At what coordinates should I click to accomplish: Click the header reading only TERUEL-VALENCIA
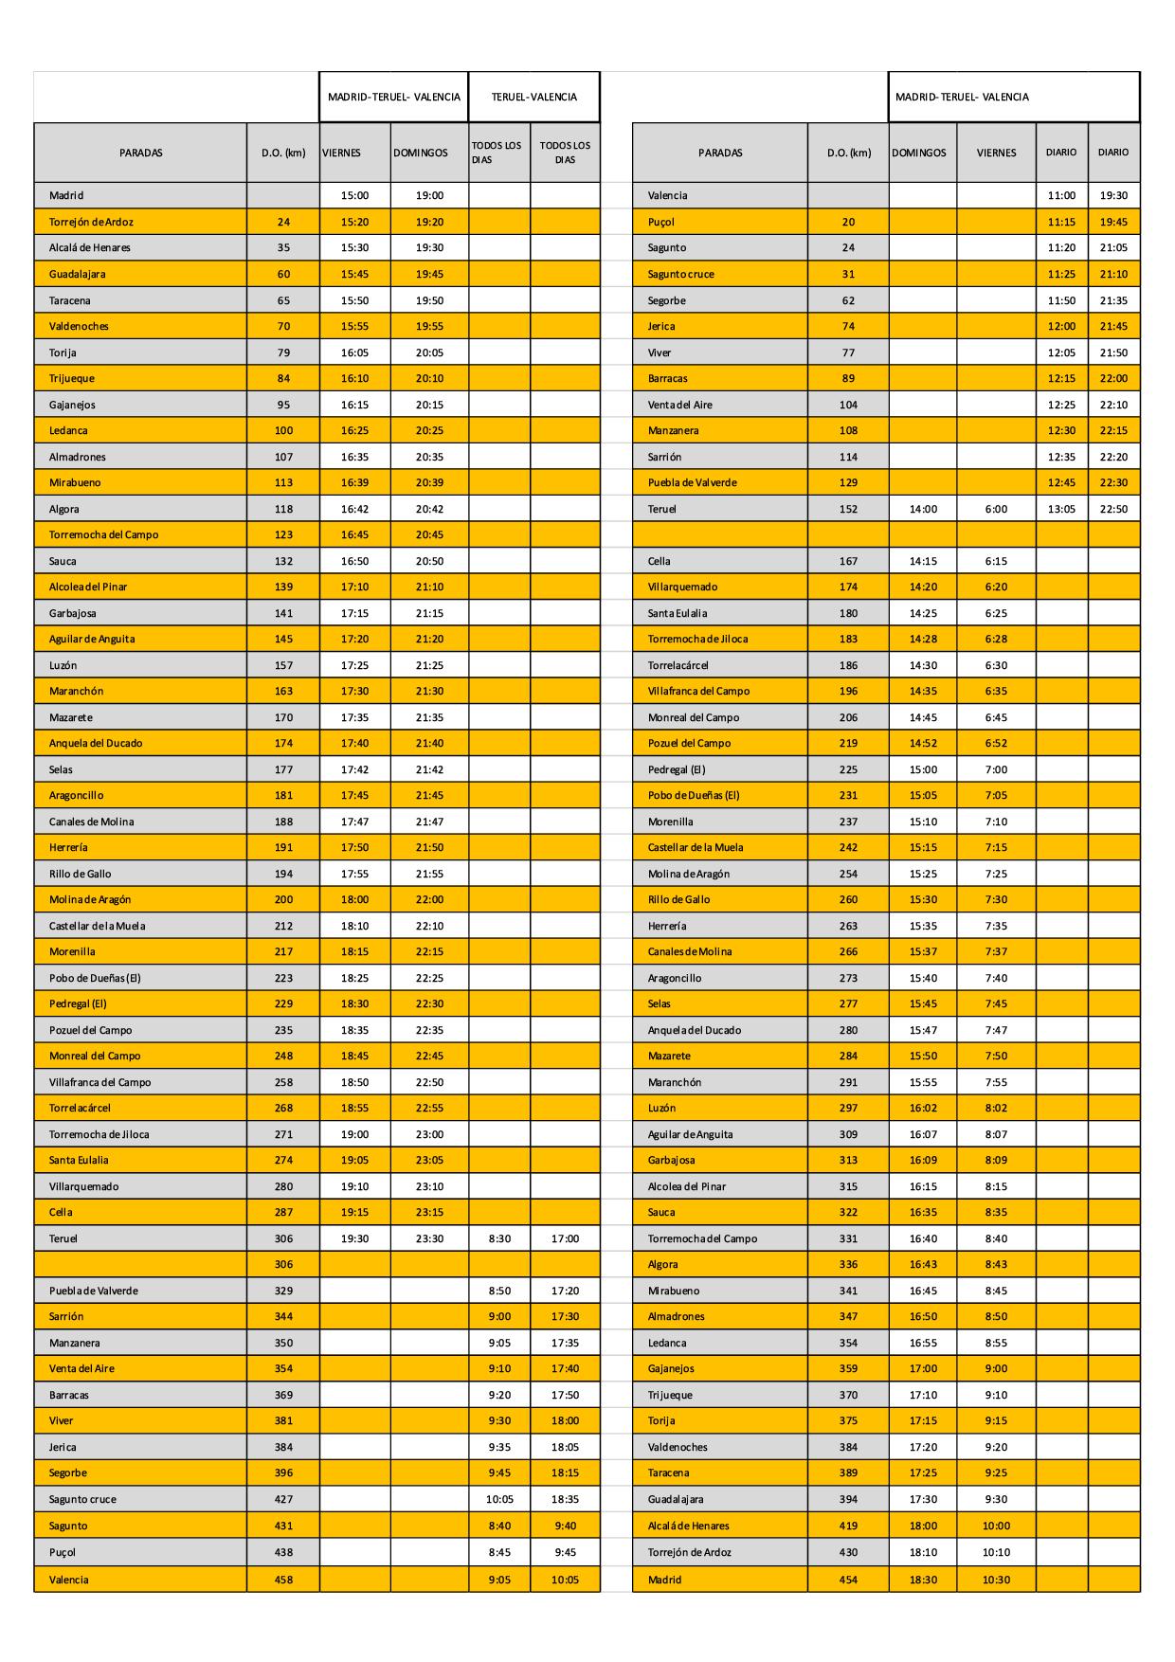pos(533,97)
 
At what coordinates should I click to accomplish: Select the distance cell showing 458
pos(283,1580)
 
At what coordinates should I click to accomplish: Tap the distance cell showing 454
pos(848,1580)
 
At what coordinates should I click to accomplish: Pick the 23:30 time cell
pos(429,1238)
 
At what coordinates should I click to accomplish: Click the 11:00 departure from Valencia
pos(1061,195)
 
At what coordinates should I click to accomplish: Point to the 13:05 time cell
pos(1061,509)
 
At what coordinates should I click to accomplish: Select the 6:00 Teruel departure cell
pos(996,509)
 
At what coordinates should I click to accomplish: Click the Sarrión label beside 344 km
pos(66,1316)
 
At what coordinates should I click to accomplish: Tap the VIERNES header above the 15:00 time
pos(342,153)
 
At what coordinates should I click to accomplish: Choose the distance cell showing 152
pos(848,509)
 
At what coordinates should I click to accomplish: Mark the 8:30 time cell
pos(499,1238)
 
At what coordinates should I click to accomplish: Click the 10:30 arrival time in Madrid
pos(996,1580)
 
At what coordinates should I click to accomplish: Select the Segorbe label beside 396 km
pos(68,1472)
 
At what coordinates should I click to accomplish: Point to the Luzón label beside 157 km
pos(63,665)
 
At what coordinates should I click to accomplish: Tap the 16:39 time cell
pos(354,482)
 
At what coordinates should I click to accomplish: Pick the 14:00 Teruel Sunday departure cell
pos(923,509)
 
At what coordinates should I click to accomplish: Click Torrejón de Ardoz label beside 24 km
pos(91,222)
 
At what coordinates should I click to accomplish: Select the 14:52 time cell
pos(923,743)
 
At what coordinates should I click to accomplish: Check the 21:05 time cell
pos(1113,247)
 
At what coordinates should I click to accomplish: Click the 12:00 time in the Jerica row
pos(1061,326)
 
